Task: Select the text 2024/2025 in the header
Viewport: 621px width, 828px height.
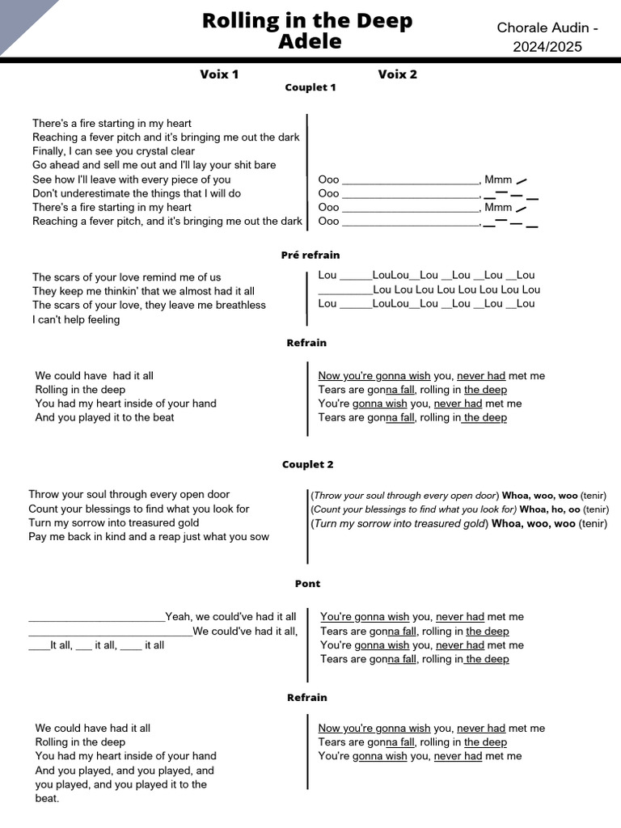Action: (x=547, y=47)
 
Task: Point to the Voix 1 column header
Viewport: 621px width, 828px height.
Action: (x=219, y=74)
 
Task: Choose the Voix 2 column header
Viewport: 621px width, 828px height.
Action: (x=397, y=74)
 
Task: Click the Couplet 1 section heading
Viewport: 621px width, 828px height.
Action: (x=310, y=87)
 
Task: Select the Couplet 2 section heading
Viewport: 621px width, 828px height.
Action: (x=307, y=464)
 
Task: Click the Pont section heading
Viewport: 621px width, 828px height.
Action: (x=307, y=583)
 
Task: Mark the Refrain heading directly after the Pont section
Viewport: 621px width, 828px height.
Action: (x=306, y=697)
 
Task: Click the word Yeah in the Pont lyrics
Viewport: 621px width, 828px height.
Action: (x=178, y=617)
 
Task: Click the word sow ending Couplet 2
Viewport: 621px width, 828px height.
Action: (x=260, y=537)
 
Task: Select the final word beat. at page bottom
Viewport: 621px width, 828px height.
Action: (x=47, y=798)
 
